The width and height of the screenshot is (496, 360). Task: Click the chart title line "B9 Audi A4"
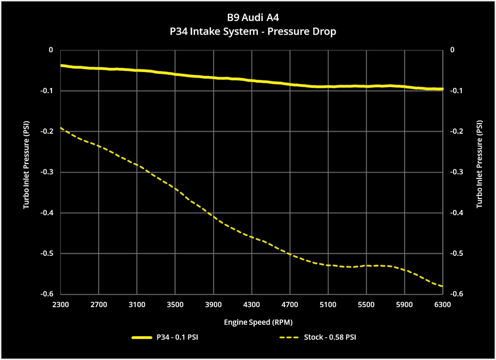[x=253, y=18]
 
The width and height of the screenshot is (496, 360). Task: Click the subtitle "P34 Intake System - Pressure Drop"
[x=253, y=31]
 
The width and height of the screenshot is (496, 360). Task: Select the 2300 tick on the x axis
[x=60, y=305]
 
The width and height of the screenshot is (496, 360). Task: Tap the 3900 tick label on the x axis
[x=213, y=305]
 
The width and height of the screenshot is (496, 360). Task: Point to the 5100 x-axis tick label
[x=328, y=305]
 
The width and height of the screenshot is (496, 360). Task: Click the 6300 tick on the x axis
[x=442, y=305]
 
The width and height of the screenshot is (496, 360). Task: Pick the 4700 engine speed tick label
[x=290, y=305]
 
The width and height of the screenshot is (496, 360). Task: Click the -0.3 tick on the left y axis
[x=47, y=172]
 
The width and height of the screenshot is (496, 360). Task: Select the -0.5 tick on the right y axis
[x=457, y=254]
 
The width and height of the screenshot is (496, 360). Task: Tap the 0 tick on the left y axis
[x=51, y=50]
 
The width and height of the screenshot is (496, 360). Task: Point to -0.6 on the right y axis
[x=457, y=294]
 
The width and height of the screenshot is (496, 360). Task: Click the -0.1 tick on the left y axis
[x=47, y=91]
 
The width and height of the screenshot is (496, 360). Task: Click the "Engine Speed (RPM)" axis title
[x=258, y=323]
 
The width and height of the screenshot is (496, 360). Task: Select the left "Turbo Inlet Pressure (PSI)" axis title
[x=26, y=164]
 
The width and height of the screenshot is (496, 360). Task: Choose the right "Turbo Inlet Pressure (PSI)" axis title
[x=480, y=164]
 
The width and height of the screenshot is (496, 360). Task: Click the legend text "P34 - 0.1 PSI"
[x=177, y=338]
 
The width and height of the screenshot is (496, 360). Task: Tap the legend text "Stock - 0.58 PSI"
[x=330, y=338]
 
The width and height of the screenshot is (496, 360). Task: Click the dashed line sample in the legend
[x=289, y=338]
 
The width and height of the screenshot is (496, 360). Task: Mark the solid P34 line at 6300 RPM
[x=442, y=89]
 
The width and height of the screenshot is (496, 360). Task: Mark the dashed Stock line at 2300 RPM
[x=61, y=128]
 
